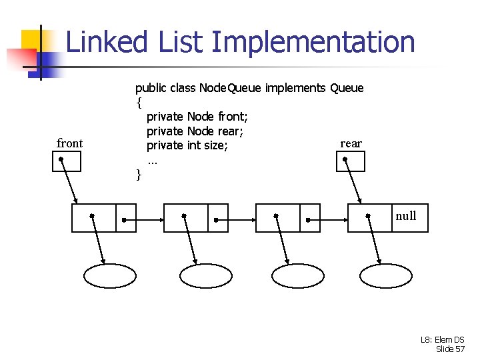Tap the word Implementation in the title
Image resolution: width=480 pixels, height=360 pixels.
(313, 42)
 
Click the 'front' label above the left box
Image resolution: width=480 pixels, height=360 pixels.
(70, 143)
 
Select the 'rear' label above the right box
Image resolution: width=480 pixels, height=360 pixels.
(351, 143)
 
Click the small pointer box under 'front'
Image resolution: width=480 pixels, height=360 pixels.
(67, 161)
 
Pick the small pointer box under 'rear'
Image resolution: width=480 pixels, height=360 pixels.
(351, 161)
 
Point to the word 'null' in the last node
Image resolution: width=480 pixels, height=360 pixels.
(406, 215)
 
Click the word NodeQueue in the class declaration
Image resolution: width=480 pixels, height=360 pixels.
(227, 88)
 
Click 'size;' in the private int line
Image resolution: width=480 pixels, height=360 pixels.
(216, 145)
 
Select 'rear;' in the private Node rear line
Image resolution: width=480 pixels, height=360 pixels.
(230, 131)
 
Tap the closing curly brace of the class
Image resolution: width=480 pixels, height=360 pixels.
(139, 175)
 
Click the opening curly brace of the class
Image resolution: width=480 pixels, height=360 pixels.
(139, 103)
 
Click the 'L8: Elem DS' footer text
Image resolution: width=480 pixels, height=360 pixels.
(443, 339)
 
